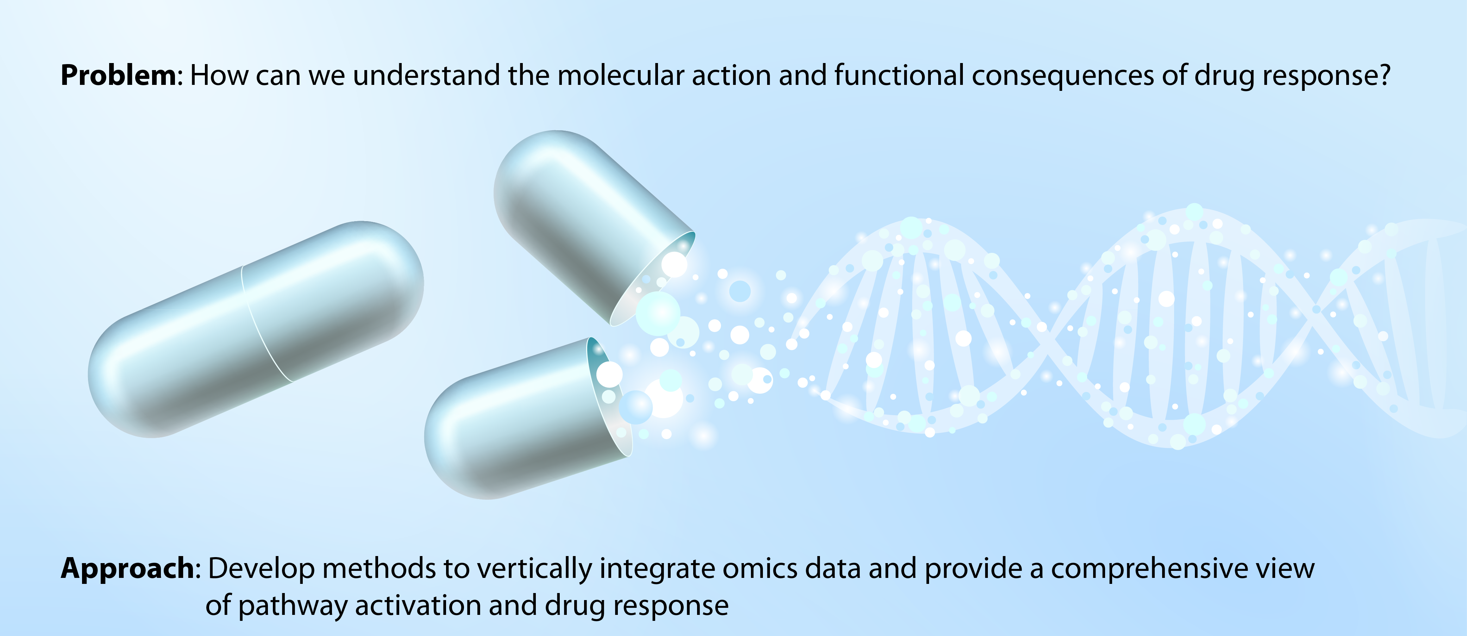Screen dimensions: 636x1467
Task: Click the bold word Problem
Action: [118, 75]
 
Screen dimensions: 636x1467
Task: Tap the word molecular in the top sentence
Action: [621, 75]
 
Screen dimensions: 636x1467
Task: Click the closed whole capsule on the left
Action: [256, 329]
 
